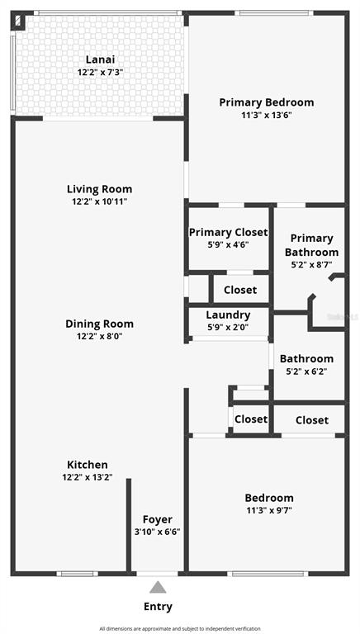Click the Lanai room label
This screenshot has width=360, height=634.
coord(100,59)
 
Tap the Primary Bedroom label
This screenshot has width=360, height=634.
coord(266,102)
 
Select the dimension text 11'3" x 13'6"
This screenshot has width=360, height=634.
coord(266,116)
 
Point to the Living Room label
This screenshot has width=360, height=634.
coord(99,189)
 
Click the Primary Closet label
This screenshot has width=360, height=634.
coord(228,233)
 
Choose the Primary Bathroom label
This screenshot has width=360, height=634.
coord(311,245)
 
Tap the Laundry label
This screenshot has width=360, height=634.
coord(227,315)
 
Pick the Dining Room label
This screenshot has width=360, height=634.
coord(99,324)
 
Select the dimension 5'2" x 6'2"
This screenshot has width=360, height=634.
coord(306,371)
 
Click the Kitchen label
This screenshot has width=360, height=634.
coord(87,465)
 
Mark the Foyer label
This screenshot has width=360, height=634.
coord(157,519)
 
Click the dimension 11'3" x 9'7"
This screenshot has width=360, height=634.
coord(268,510)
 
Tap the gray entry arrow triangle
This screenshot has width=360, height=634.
coord(157,587)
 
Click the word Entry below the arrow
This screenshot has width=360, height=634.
coord(158,607)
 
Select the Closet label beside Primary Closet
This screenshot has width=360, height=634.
coord(240,290)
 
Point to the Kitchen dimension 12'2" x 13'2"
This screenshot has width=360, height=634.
coord(87,477)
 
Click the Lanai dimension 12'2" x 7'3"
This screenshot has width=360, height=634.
coord(100,72)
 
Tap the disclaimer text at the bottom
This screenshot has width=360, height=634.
coord(180,629)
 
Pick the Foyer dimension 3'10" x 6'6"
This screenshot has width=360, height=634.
coord(157,532)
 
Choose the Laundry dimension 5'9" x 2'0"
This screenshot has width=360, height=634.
coord(227,327)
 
